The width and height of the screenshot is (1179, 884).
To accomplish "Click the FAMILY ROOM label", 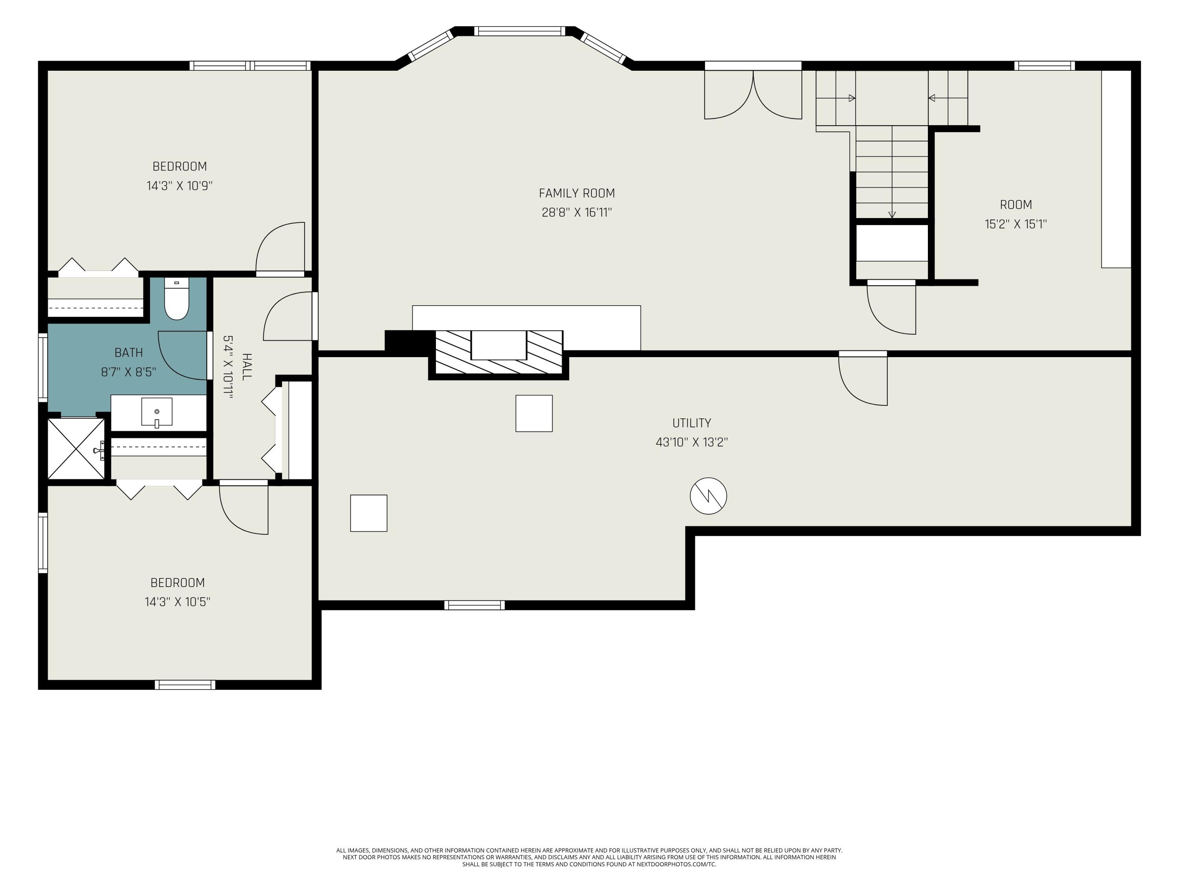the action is point(577,193).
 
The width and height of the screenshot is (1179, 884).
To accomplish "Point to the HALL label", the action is point(247,367).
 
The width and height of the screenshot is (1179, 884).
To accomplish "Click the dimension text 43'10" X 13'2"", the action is point(691,442).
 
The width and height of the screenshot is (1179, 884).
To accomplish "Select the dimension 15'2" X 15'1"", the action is point(1016,224).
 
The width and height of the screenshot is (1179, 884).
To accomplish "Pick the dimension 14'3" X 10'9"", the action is point(180,185).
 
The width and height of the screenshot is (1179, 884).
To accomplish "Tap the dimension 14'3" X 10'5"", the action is point(178,602).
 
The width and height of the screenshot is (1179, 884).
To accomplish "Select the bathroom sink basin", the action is point(157,411).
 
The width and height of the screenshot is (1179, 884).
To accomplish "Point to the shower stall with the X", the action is point(76,449).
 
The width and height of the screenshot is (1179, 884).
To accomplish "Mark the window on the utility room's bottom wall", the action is point(474,605).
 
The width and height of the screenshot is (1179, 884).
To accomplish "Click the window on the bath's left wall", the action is point(42,367).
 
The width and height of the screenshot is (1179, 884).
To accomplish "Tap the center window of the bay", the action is point(519,31).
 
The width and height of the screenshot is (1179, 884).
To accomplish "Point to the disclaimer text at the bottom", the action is point(589,857).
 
